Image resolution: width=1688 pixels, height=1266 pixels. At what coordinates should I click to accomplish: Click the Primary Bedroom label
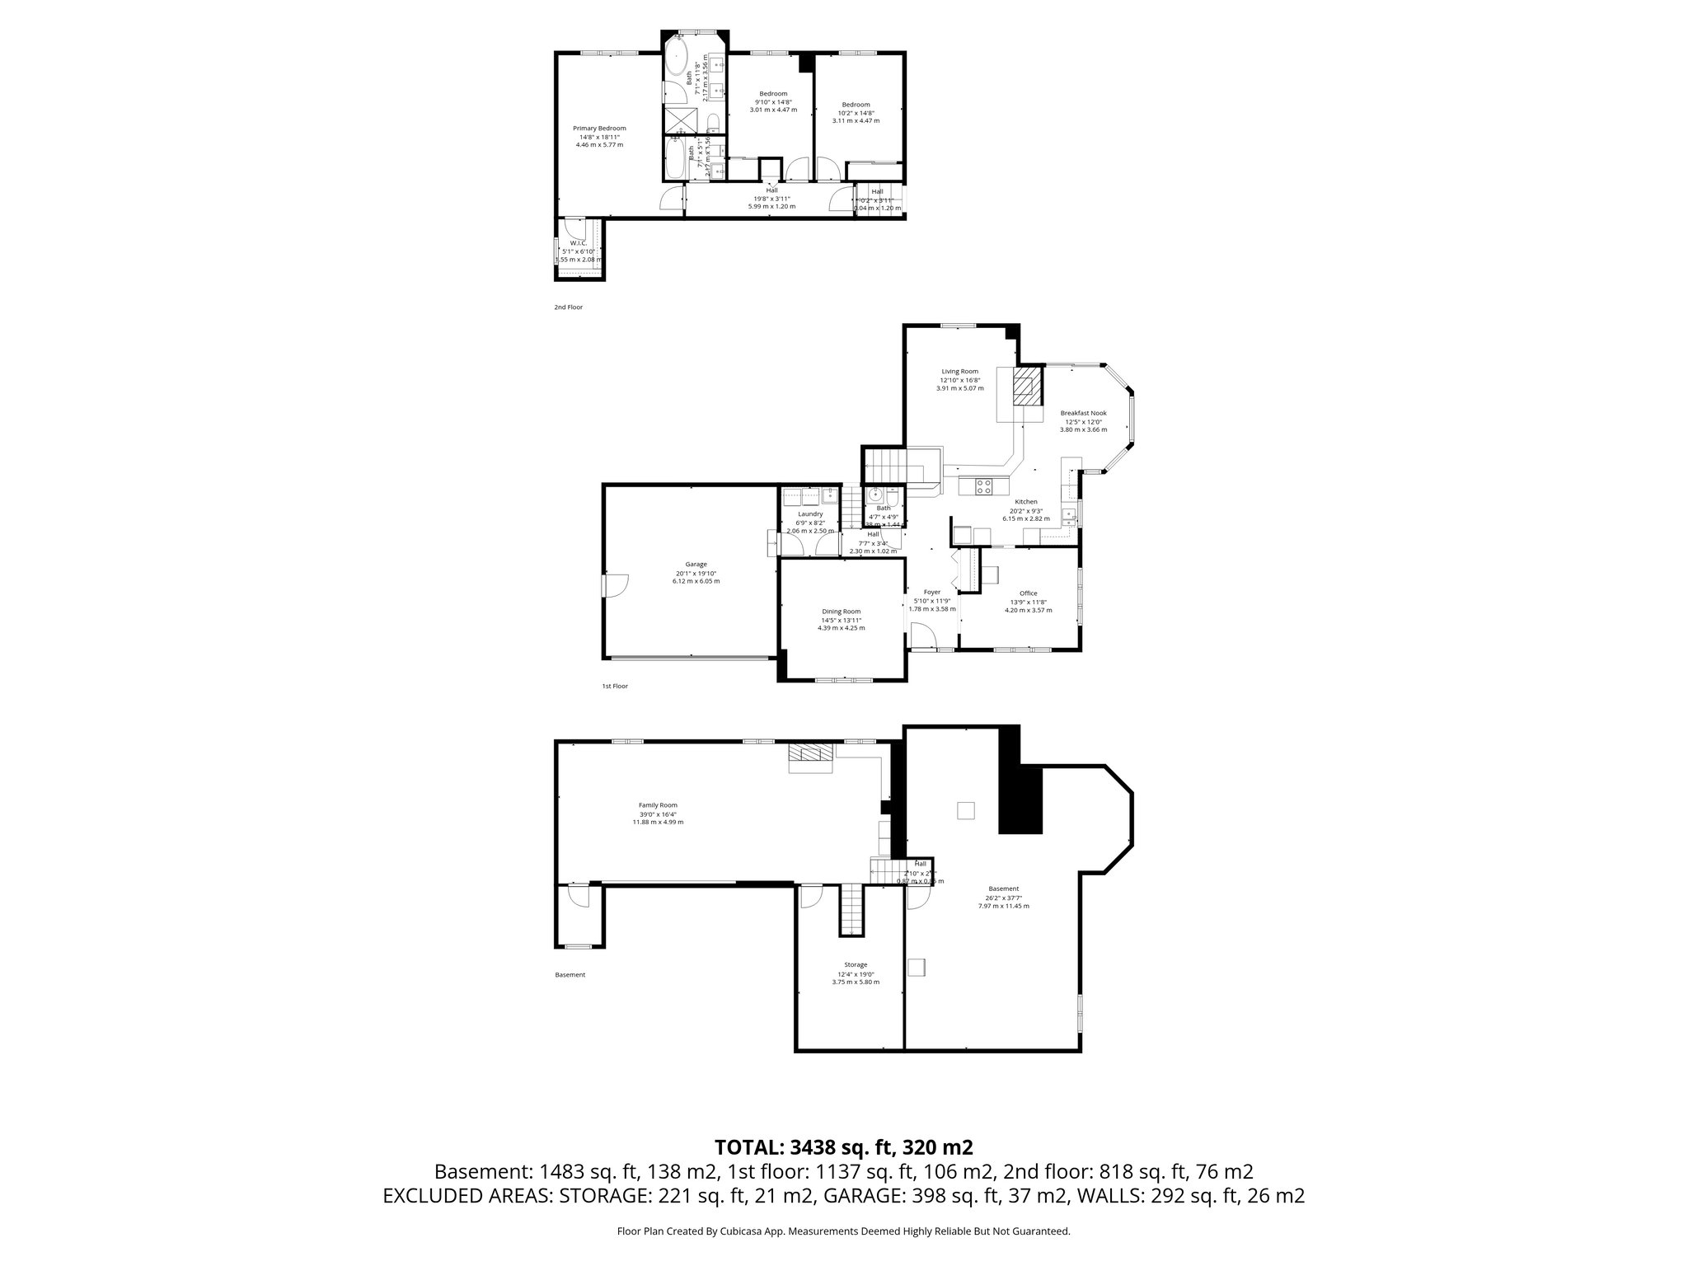pyautogui.click(x=599, y=129)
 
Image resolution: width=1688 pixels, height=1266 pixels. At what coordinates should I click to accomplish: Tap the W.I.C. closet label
pyautogui.click(x=578, y=243)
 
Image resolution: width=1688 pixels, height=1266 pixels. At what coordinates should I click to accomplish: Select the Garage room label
pyautogui.click(x=696, y=565)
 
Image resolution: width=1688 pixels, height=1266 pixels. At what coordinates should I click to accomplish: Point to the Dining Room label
pyautogui.click(x=841, y=611)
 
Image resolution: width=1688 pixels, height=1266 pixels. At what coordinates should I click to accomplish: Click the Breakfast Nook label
pyautogui.click(x=1083, y=413)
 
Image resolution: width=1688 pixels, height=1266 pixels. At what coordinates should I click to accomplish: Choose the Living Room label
pyautogui.click(x=959, y=372)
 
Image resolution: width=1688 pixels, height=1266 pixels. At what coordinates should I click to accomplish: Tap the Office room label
pyautogui.click(x=1028, y=593)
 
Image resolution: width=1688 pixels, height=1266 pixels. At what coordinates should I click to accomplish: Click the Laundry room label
pyautogui.click(x=810, y=514)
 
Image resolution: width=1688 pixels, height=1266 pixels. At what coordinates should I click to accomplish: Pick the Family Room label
pyautogui.click(x=658, y=805)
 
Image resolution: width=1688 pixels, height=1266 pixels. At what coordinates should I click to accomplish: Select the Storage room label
pyautogui.click(x=855, y=965)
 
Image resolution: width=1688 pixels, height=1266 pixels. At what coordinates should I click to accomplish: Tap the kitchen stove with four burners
pyautogui.click(x=983, y=486)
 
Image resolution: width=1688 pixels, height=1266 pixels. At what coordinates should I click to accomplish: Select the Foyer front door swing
pyautogui.click(x=923, y=636)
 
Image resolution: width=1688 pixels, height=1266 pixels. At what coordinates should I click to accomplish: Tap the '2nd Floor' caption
pyautogui.click(x=568, y=307)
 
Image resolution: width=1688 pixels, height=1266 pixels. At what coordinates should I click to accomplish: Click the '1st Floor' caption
pyautogui.click(x=615, y=686)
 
